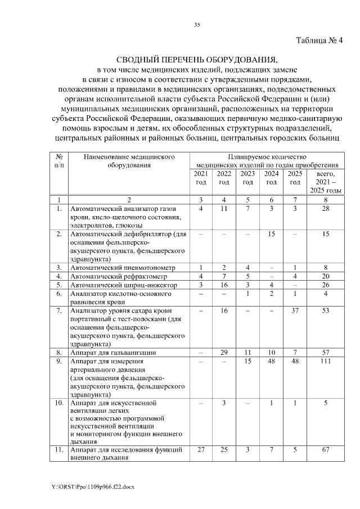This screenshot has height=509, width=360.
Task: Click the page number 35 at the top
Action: coord(197,25)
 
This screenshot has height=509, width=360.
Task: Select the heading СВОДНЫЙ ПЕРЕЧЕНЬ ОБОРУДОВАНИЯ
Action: coord(197,60)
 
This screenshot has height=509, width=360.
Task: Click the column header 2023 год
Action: coord(247,178)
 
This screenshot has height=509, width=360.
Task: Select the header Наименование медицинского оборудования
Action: coord(121,161)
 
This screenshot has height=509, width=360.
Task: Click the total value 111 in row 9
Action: coord(325,362)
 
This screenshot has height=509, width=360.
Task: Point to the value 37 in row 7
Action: coord(295,310)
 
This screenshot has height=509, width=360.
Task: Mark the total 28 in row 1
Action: coord(325,209)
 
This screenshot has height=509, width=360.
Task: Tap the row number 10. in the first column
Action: coord(58,403)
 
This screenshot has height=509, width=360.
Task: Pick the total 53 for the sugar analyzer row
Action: coord(325,310)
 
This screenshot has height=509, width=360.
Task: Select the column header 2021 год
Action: coord(201,178)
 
